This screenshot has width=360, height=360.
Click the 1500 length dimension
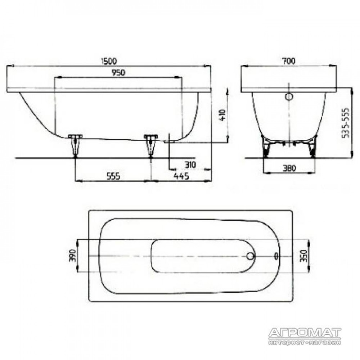coord(109,61)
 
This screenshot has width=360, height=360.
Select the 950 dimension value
coord(118,73)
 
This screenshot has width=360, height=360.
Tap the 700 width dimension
coord(289,61)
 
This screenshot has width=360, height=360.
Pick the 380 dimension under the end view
coord(289,168)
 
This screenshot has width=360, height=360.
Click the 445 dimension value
coord(181,176)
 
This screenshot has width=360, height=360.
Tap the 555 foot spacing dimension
coord(113,176)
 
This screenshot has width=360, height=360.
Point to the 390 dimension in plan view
coord(72,256)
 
